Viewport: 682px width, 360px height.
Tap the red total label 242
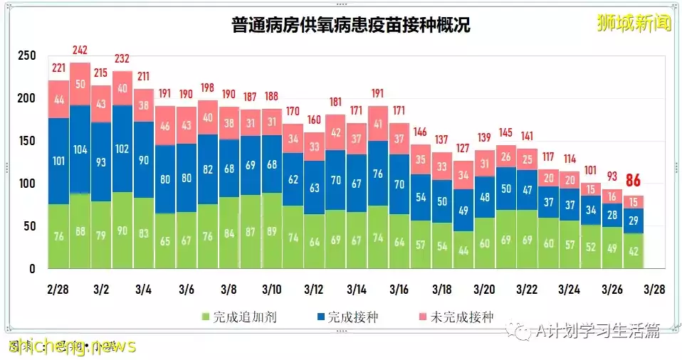80,51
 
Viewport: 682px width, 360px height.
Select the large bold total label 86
634,181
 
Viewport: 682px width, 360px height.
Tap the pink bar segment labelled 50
80,84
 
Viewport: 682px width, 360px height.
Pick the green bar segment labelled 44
463,250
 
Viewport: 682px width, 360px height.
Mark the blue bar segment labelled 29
634,221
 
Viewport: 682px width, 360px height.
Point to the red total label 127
463,148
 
